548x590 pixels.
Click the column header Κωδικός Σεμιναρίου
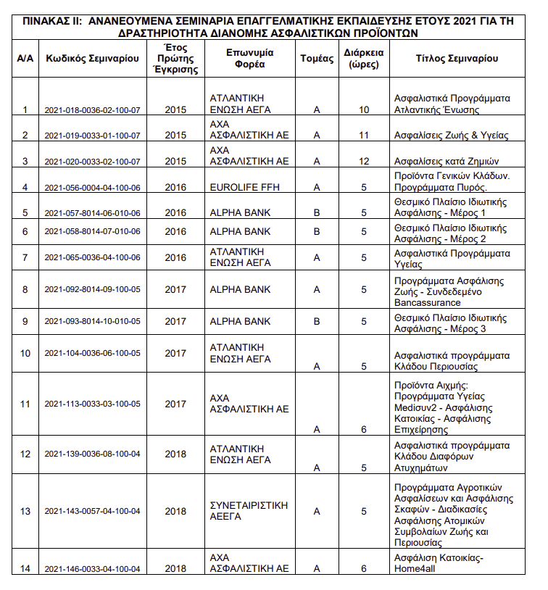click(92, 59)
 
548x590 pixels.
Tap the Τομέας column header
click(316, 59)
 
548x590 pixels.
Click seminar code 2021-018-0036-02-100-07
click(92, 110)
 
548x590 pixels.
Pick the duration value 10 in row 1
click(364, 110)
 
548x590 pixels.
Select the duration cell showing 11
click(364, 136)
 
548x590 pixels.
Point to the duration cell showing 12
click(364, 161)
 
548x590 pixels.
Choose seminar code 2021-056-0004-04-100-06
click(92, 187)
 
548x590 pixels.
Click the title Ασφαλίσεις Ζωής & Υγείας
click(451, 136)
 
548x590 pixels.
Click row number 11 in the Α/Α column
click(25, 404)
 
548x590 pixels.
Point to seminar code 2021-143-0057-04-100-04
click(92, 512)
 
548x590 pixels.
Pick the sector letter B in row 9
click(316, 321)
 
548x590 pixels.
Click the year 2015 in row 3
click(175, 161)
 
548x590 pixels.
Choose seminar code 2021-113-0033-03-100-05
click(92, 404)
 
